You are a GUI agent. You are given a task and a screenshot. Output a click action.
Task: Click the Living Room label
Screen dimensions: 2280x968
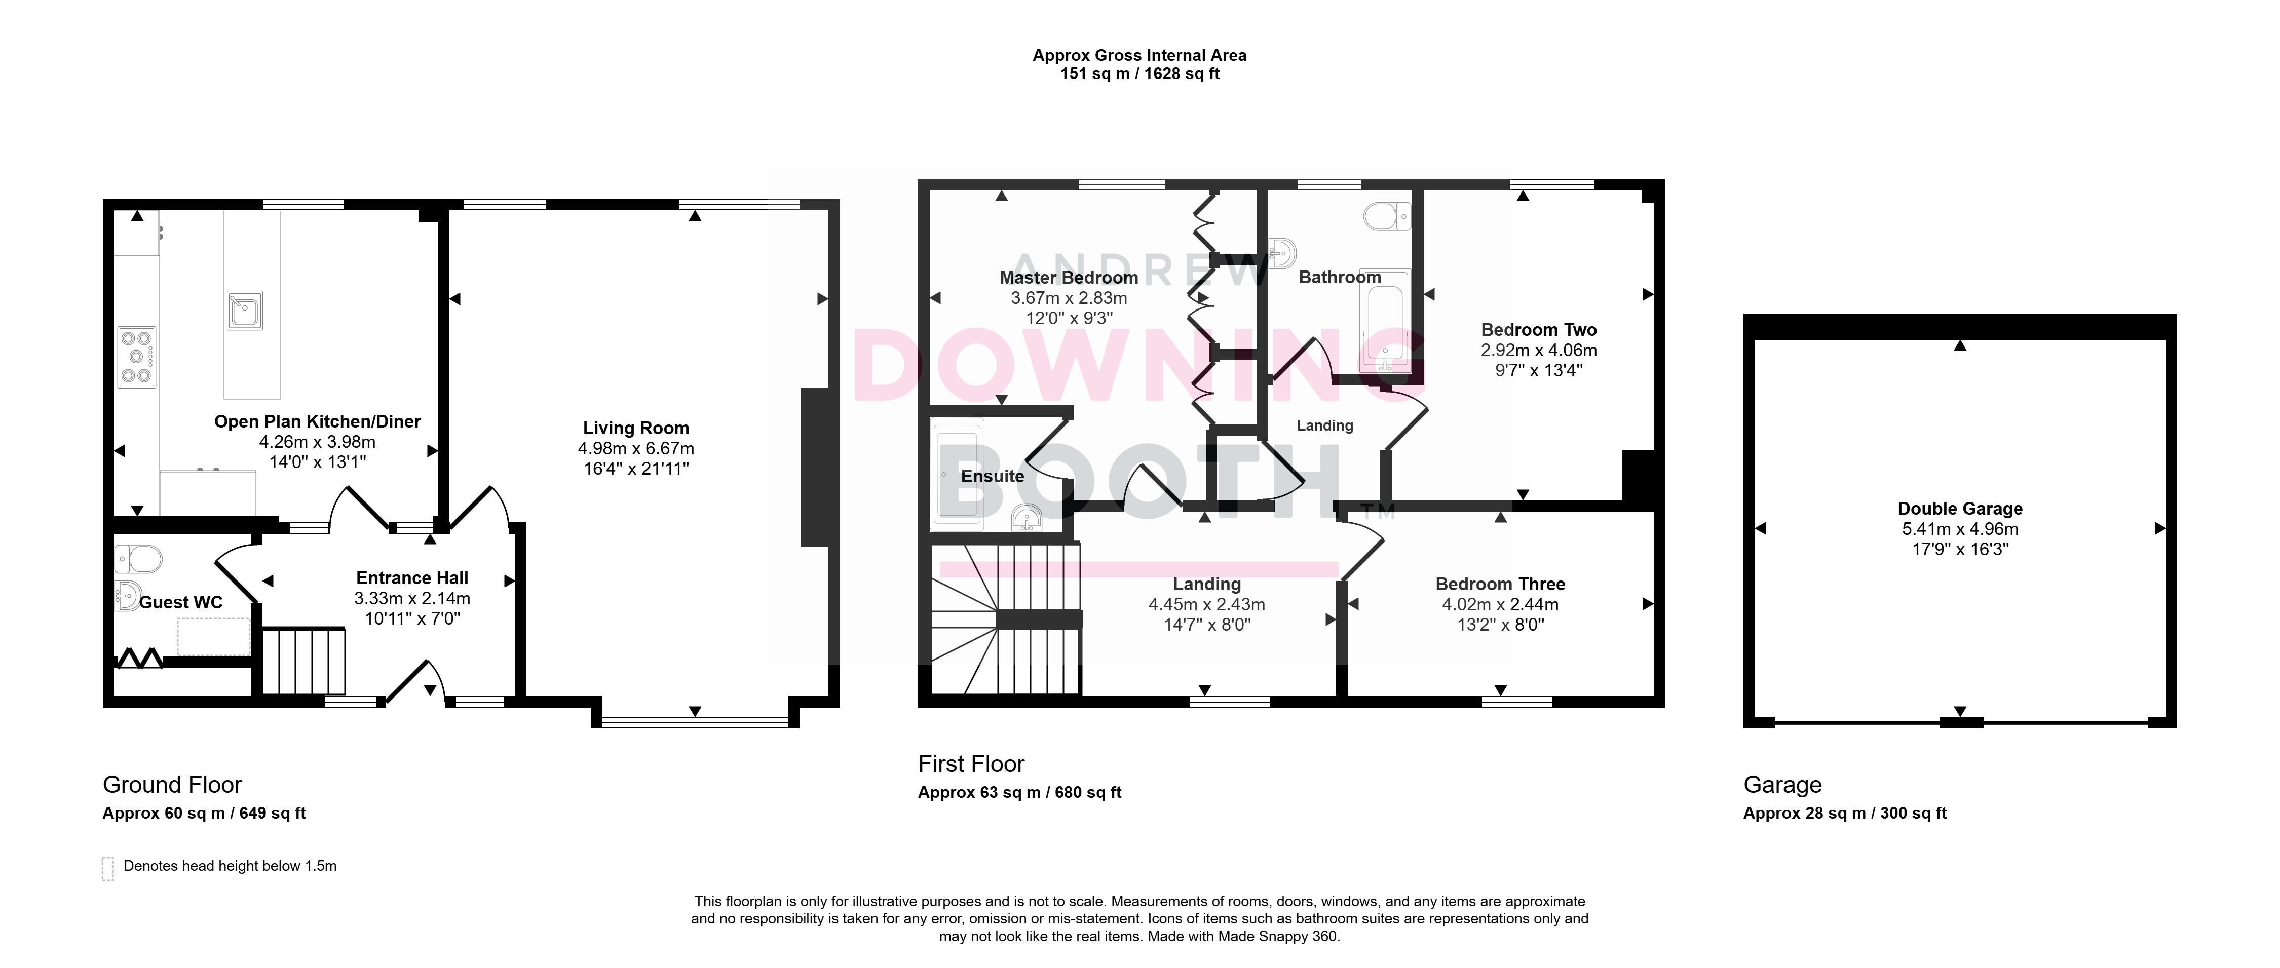(635, 428)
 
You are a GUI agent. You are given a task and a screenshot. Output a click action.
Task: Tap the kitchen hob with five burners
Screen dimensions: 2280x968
(137, 358)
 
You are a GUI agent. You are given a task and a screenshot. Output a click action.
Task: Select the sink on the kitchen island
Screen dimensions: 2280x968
(244, 309)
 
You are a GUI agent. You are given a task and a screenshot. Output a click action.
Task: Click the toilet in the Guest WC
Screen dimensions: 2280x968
(139, 558)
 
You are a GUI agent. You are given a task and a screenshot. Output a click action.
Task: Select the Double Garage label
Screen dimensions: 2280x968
(1960, 509)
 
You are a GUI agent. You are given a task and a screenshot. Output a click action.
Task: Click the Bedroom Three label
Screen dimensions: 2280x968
(1500, 584)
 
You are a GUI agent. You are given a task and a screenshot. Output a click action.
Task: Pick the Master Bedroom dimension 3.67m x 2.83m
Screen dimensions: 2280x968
(1069, 298)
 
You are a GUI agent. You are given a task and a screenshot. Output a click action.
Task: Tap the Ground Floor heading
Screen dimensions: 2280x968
(173, 785)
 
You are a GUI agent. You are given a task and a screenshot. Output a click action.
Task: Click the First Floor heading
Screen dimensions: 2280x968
(971, 763)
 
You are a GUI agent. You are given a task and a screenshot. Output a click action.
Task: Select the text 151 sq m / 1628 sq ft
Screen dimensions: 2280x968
(1140, 74)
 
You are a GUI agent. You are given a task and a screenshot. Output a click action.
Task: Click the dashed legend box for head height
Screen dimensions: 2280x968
(108, 868)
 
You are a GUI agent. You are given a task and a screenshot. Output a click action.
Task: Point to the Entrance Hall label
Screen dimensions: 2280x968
(412, 578)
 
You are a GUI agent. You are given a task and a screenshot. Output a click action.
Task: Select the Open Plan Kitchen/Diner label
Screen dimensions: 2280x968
(318, 422)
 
